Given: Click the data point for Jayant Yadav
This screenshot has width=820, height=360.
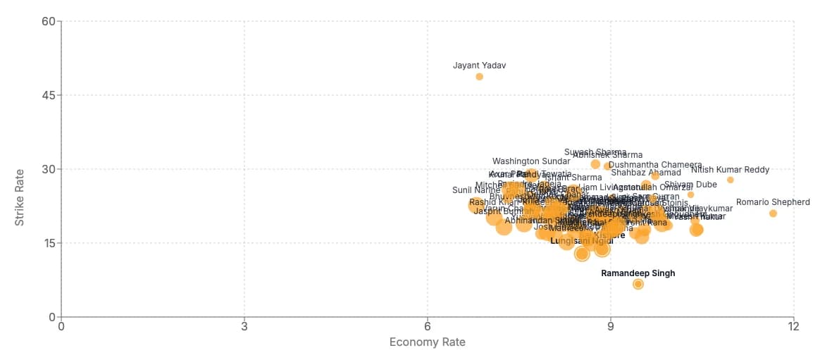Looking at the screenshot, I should [479, 77].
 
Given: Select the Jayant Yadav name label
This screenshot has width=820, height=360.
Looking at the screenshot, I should [479, 66].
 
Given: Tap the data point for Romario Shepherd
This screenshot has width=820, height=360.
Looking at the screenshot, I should [773, 213].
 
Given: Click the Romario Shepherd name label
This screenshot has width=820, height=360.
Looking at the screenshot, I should [773, 202].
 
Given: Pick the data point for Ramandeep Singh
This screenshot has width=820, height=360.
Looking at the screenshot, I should [638, 284].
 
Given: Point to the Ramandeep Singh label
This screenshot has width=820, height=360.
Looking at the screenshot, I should [638, 273].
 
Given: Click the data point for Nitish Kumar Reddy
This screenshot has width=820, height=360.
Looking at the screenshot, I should [730, 180].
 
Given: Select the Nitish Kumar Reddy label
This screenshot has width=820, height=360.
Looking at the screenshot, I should [730, 170].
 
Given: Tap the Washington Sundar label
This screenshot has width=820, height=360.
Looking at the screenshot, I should [531, 161].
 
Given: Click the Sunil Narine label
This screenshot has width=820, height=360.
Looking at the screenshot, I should [476, 190].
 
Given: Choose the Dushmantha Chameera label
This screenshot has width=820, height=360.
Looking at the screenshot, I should [655, 165].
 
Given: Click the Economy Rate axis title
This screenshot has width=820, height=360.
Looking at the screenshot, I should [428, 342].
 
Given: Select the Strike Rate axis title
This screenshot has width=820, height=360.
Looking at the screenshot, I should [20, 197].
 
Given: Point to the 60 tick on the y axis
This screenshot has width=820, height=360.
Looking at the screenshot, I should [48, 21].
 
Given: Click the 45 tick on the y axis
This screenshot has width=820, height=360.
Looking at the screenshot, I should [48, 95].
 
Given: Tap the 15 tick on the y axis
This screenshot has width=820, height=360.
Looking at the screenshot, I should [48, 243].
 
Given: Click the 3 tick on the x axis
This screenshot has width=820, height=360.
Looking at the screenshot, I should [244, 327].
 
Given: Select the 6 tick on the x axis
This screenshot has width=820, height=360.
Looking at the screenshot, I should [428, 327].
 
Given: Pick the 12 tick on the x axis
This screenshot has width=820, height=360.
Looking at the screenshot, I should [794, 327].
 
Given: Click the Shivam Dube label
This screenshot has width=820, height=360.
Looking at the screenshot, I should [690, 185].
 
